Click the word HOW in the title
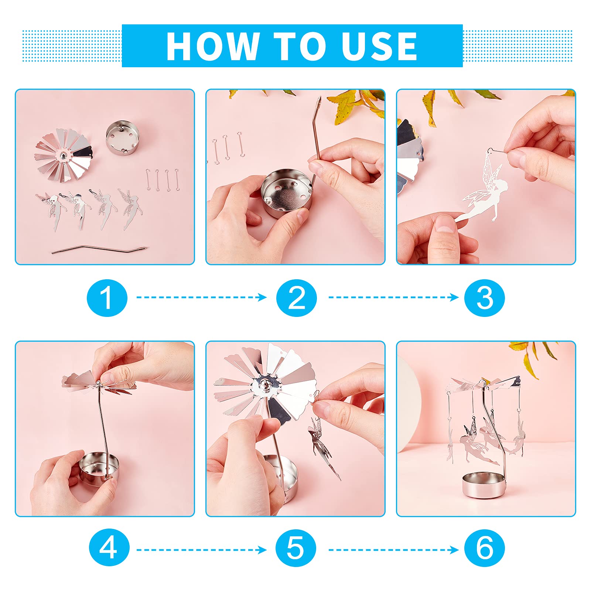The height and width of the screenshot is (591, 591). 212,46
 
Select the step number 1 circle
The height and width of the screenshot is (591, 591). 107,298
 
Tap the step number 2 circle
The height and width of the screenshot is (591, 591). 296,298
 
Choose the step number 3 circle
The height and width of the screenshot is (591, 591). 485,298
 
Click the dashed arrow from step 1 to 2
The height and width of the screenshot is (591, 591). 202,297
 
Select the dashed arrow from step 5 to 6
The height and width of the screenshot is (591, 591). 394,550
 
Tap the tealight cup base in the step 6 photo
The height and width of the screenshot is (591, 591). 484,484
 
